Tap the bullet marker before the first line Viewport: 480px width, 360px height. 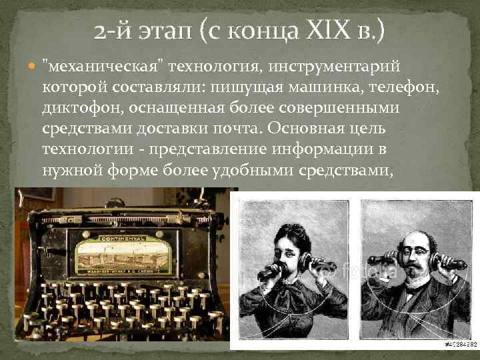(x=33, y=65)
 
